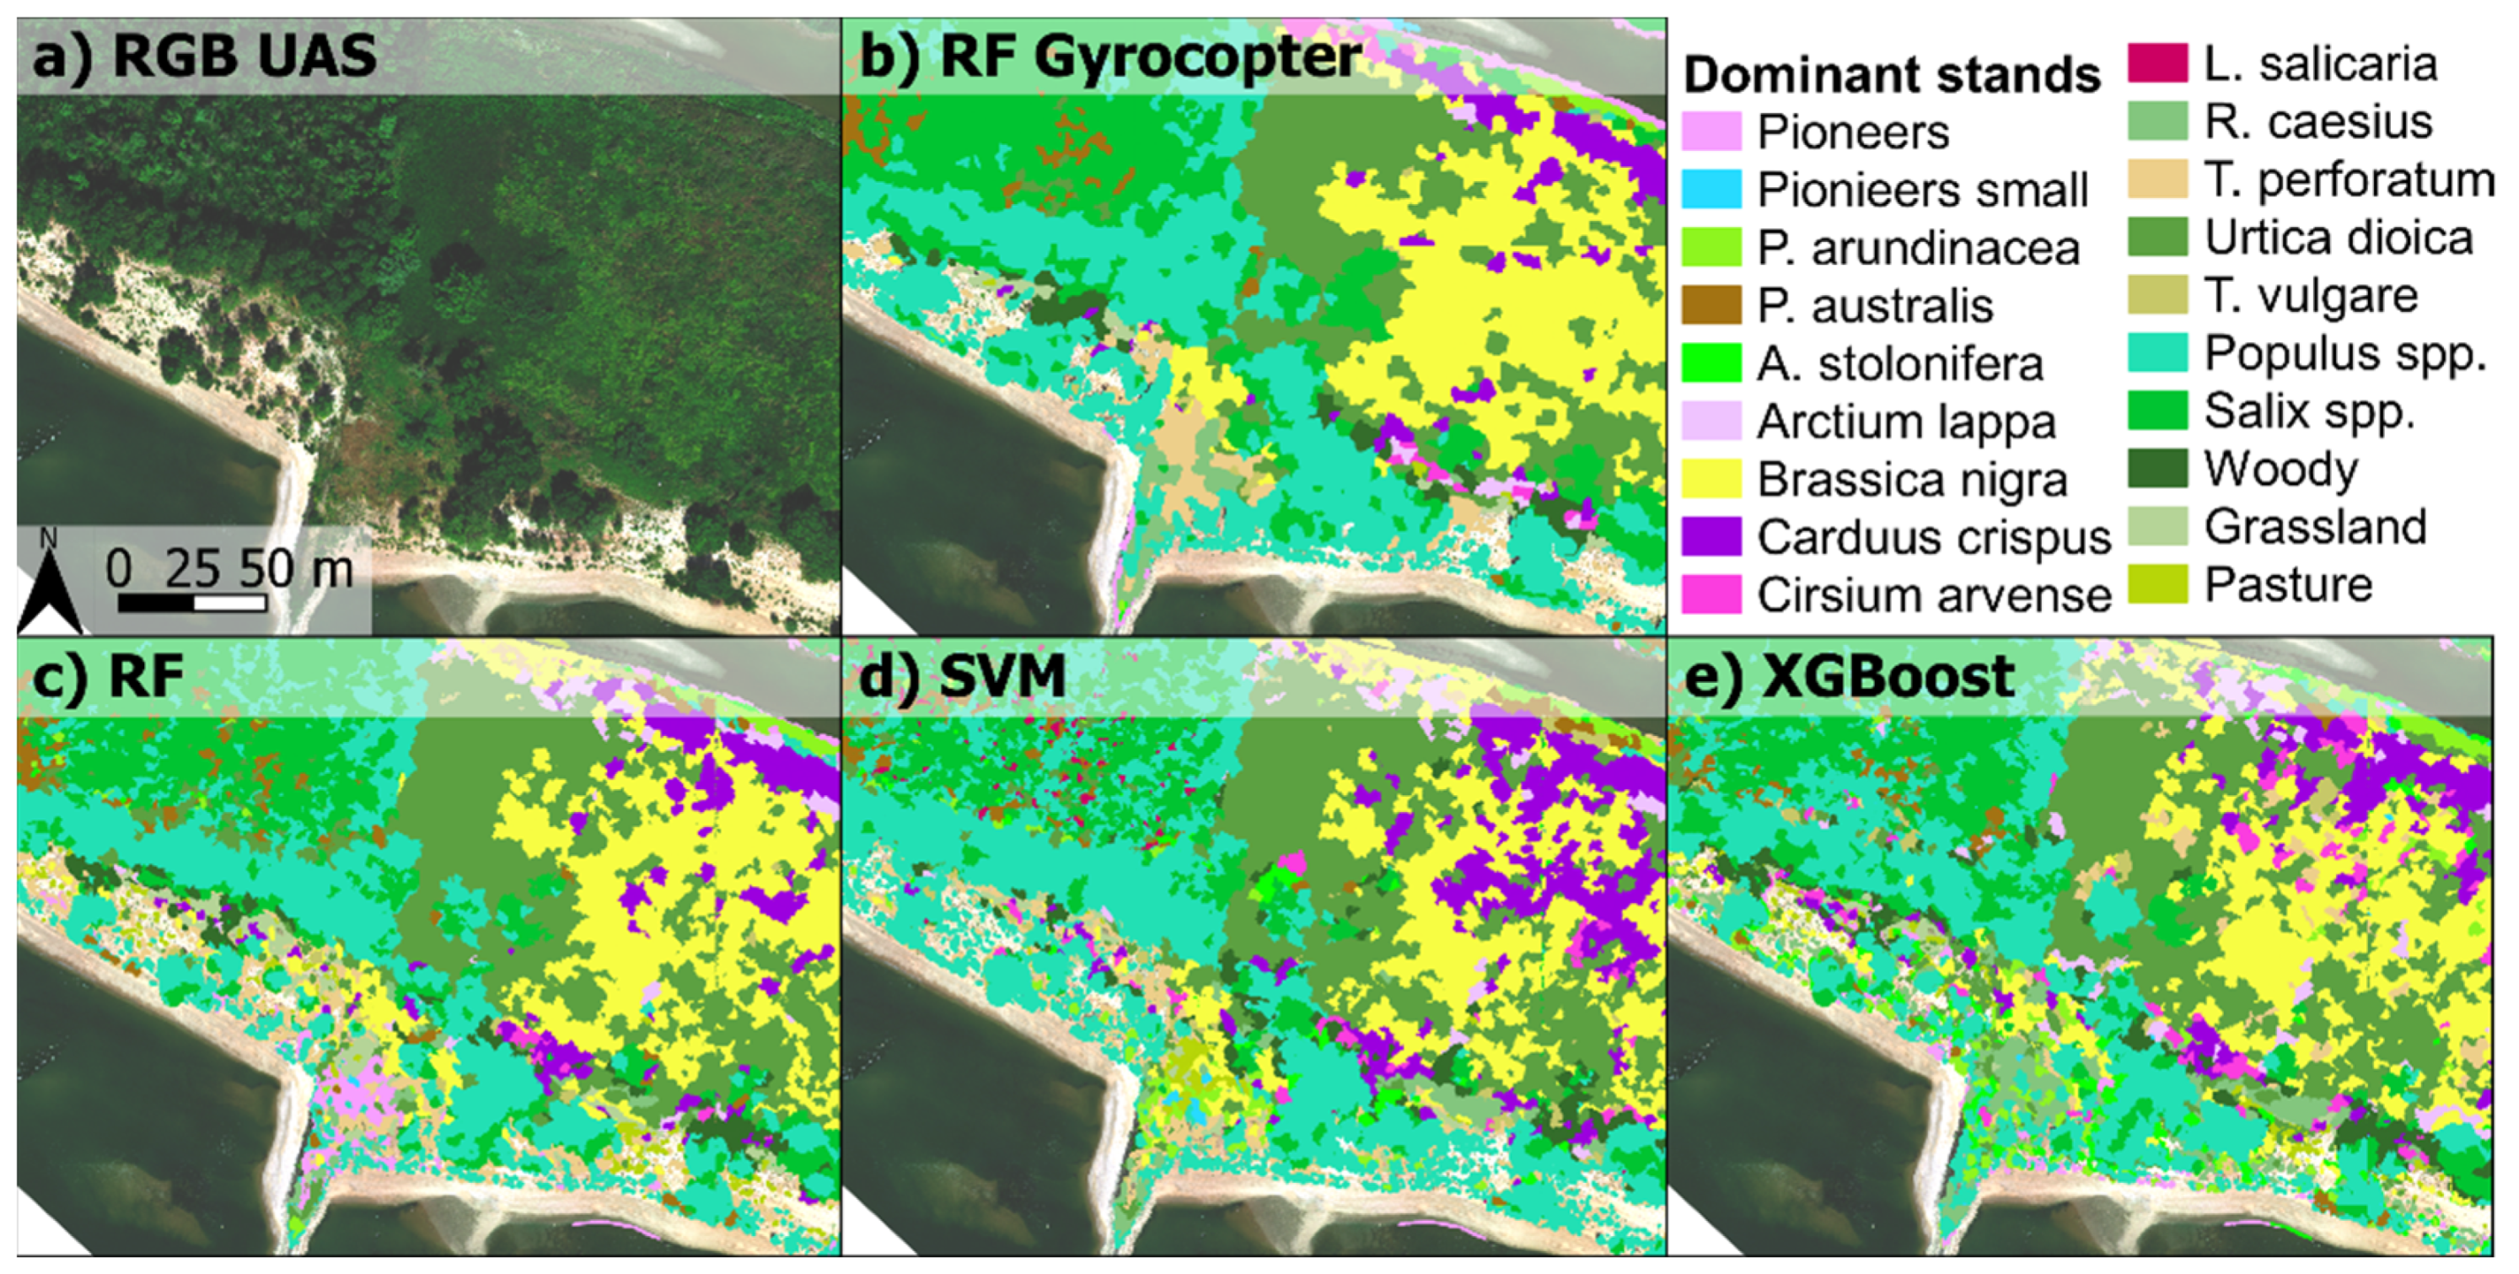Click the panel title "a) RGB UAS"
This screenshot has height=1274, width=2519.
pos(204,56)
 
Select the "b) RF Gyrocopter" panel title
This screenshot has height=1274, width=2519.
pos(1110,56)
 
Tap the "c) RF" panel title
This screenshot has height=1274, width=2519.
pos(108,675)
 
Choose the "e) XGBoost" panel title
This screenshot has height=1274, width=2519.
pos(1847,675)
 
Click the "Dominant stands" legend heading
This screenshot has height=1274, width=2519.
pos(1891,74)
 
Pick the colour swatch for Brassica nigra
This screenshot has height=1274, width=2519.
pos(1711,479)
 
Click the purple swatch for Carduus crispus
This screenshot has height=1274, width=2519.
pos(1711,537)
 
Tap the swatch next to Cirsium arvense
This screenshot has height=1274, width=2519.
pos(1711,594)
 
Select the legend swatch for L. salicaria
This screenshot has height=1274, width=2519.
pos(2157,63)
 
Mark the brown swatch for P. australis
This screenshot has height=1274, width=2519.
pos(1711,305)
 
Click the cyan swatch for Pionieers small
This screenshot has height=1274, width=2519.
pos(1711,190)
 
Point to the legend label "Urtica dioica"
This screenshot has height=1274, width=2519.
pos(2338,238)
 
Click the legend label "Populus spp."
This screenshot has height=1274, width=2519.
pos(2344,354)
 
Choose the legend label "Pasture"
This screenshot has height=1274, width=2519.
pos(2287,584)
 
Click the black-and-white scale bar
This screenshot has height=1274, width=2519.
pos(191,603)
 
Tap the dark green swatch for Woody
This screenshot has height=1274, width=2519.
pos(2157,470)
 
